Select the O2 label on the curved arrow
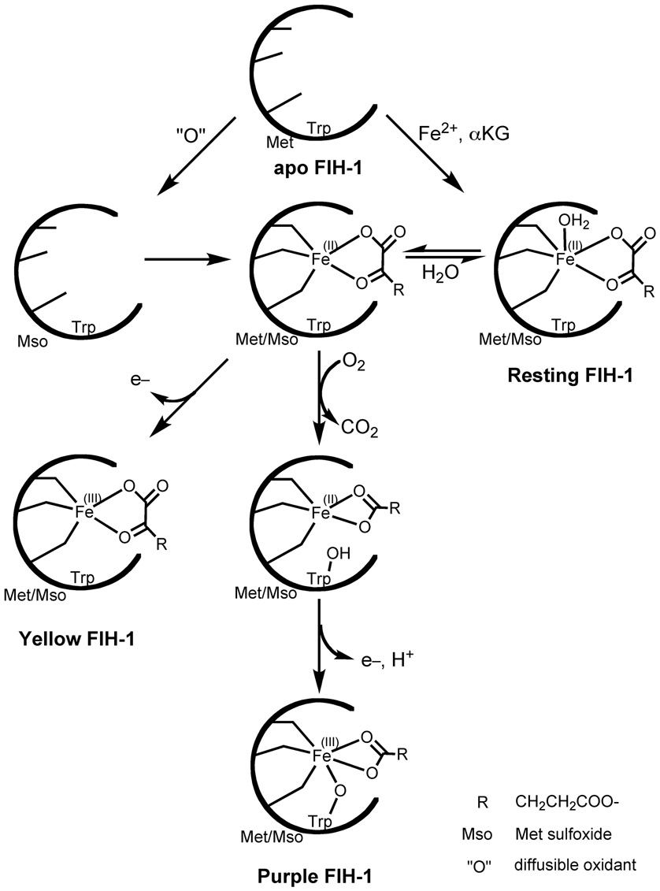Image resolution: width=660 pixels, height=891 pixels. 354,366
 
